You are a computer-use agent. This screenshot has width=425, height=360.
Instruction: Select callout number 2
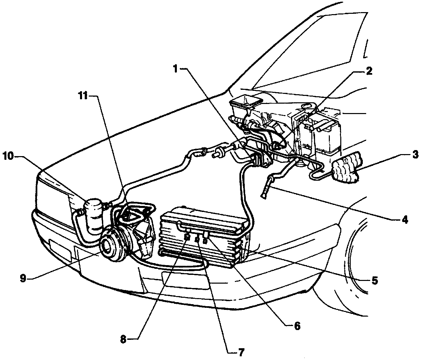tap(369, 71)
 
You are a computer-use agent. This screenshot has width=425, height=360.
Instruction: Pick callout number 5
tap(375, 280)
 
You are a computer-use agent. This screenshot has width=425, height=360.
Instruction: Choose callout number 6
tap(297, 325)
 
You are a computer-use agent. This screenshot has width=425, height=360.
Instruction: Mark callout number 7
tap(241, 352)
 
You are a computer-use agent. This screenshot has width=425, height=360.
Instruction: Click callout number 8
tap(123, 339)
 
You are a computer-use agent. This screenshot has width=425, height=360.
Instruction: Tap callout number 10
tap(9, 156)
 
